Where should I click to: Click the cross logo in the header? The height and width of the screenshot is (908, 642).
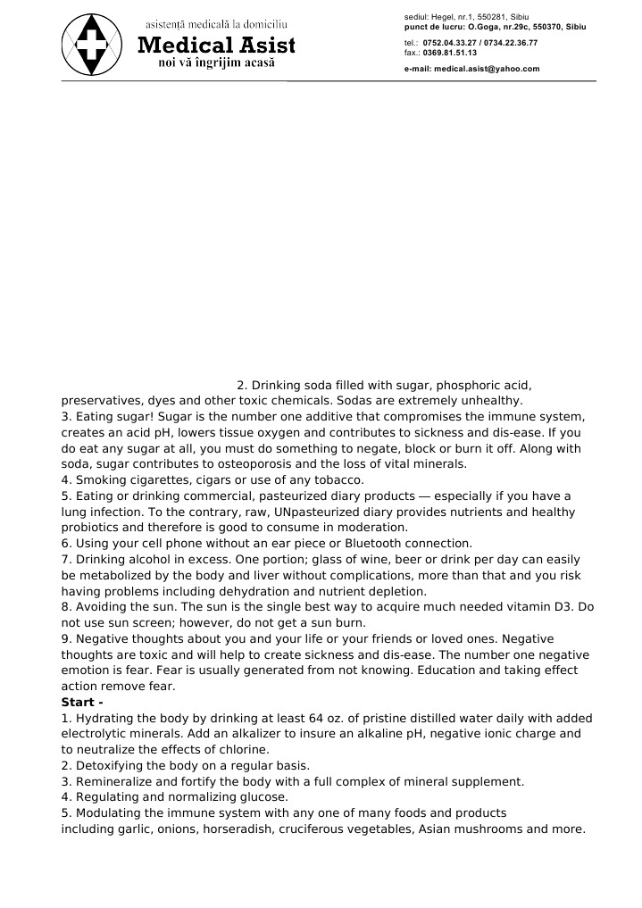click(x=93, y=45)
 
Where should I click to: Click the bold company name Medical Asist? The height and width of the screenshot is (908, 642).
click(x=215, y=46)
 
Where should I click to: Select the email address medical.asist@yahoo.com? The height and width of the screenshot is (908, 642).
click(x=487, y=68)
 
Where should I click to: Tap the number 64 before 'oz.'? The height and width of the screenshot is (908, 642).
click(x=296, y=719)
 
